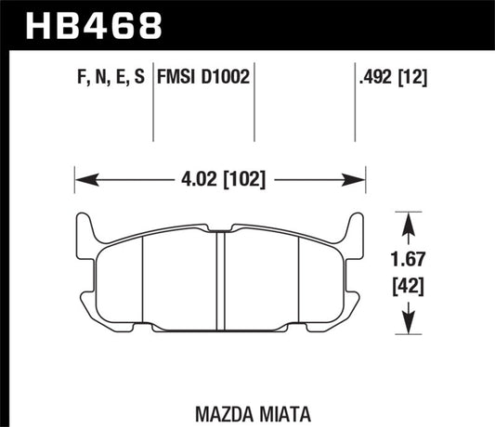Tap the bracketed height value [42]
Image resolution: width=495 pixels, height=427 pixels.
[406, 288]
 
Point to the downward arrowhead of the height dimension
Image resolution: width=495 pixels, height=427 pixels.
[406, 329]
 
